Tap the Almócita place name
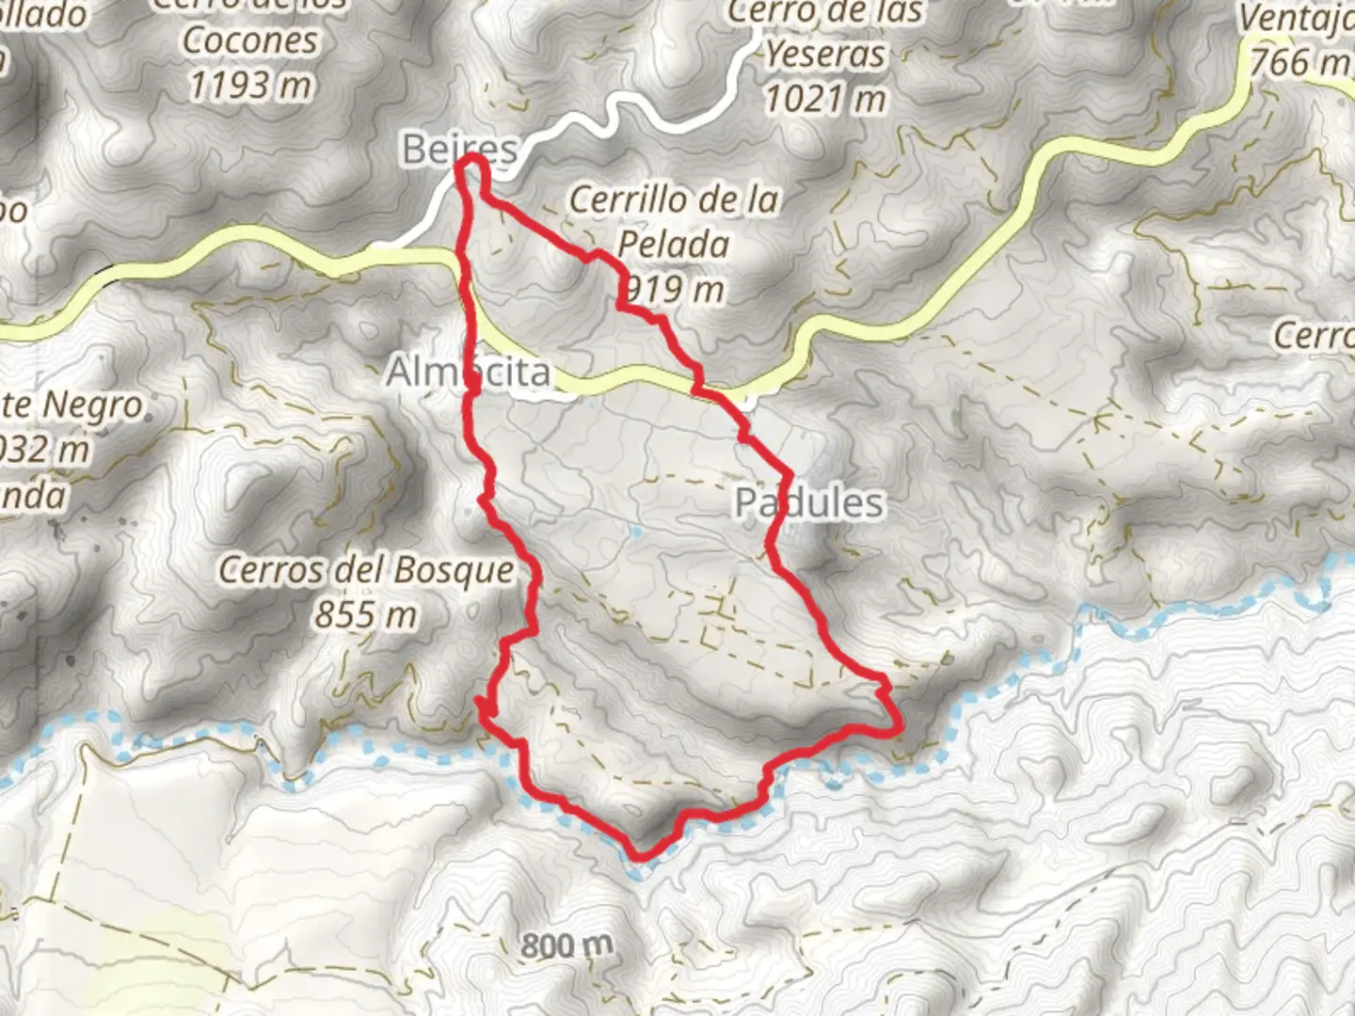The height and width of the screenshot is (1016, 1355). [x=469, y=373]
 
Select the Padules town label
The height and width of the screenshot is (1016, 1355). [x=809, y=503]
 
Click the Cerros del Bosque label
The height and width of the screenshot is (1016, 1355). [x=367, y=570]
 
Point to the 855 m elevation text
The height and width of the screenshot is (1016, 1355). [x=365, y=615]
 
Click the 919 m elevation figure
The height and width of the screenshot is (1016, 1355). [x=674, y=290]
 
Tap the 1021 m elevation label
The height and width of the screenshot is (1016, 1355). [x=825, y=98]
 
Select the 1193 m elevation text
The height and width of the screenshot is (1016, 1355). [x=250, y=86]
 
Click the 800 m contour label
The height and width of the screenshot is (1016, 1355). [x=566, y=945]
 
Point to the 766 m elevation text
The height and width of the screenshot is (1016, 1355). [x=1299, y=62]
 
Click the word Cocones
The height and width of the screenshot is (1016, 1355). [x=250, y=40]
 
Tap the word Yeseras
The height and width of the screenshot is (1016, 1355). [x=825, y=55]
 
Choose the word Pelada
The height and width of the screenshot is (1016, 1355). [x=674, y=245]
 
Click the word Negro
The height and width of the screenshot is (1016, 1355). [x=92, y=406]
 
